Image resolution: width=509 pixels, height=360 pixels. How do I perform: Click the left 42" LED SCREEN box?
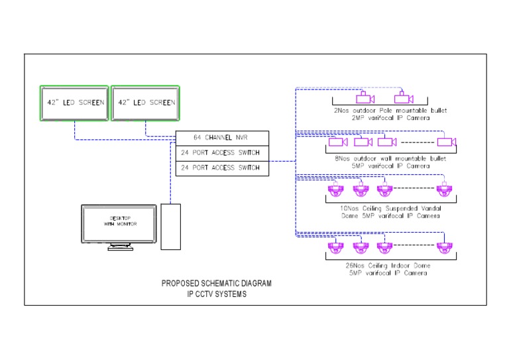[74, 103]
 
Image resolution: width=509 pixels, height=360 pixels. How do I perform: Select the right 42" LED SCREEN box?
[144, 103]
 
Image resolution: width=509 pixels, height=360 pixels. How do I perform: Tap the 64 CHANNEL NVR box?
[222, 139]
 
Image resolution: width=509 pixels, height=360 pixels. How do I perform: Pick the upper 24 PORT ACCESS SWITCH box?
[222, 153]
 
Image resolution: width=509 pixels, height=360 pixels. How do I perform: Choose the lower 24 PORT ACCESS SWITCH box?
[222, 168]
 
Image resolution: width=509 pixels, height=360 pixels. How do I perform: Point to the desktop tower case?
[170, 226]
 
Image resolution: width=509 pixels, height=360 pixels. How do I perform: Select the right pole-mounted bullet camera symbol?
[404, 98]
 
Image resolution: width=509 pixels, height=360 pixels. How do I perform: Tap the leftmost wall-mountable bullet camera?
[339, 142]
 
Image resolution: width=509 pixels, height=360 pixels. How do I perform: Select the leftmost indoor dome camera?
[336, 249]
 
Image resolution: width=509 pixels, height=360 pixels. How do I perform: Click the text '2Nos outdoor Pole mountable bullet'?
[390, 110]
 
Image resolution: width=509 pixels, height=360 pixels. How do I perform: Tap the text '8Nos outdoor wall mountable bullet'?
[390, 158]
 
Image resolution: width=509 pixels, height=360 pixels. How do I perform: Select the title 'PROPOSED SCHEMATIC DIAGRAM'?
[217, 284]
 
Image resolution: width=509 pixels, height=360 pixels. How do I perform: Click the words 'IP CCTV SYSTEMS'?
[217, 294]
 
